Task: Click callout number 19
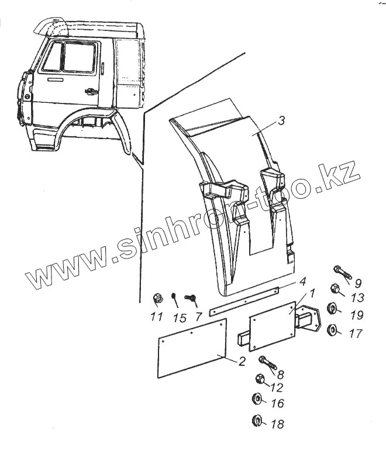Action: pos(356,316)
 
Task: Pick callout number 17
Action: pos(356,334)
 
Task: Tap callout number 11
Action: pos(156,317)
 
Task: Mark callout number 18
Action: pos(277,424)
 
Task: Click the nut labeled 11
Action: pos(157,299)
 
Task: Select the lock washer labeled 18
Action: pos(257,419)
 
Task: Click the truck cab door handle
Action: pos(91,91)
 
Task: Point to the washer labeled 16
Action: pos(258,400)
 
